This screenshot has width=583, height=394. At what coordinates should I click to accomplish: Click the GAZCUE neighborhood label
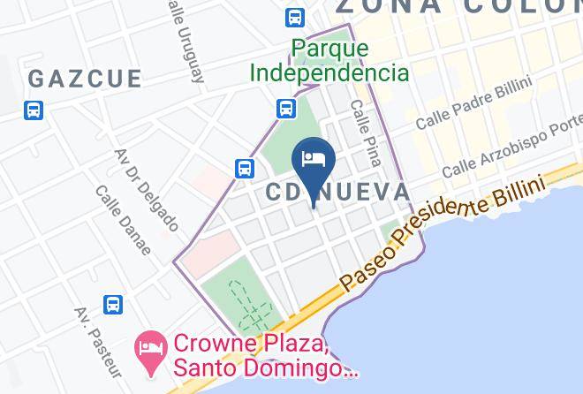point(85,79)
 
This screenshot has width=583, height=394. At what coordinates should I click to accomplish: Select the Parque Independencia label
point(329,60)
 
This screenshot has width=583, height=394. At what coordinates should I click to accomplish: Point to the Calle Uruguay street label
point(185,40)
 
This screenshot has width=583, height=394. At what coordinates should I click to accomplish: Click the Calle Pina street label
point(365,133)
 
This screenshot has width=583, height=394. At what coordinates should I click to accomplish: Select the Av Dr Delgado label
point(147,189)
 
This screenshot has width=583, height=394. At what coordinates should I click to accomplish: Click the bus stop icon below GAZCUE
point(34,110)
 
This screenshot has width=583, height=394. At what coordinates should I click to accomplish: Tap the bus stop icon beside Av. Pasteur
point(113,305)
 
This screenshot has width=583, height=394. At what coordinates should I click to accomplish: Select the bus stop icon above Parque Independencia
point(295,17)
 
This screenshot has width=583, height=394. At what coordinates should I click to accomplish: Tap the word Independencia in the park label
point(329,72)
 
